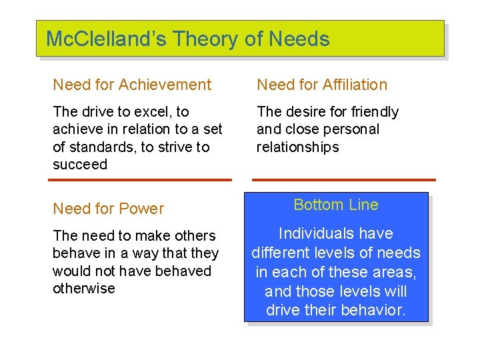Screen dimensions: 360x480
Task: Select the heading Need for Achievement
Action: click(x=132, y=85)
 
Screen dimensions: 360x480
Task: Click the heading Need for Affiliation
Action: click(x=322, y=85)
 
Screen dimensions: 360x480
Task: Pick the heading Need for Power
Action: click(x=108, y=209)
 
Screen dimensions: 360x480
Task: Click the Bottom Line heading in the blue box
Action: click(x=336, y=205)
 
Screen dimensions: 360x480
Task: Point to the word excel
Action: click(x=155, y=112)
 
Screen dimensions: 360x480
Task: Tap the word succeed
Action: click(x=80, y=165)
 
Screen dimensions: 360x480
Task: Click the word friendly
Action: click(x=371, y=112)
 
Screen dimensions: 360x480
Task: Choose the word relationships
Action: click(x=297, y=147)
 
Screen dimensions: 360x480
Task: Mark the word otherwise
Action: click(x=84, y=289)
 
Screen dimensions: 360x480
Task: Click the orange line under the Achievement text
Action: click(x=142, y=180)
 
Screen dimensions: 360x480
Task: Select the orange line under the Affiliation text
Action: click(x=344, y=180)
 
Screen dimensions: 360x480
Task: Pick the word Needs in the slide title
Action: click(x=299, y=39)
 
